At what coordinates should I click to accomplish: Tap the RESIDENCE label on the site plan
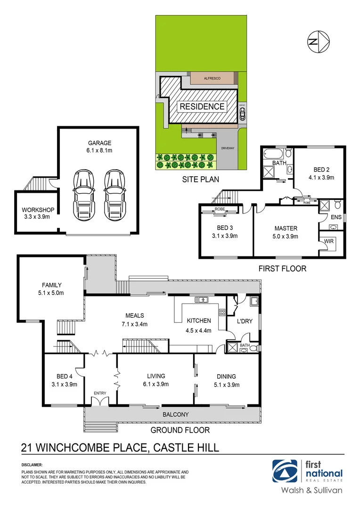coord(202,107)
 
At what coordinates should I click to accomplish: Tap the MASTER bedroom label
coord(286,228)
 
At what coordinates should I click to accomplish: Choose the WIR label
coord(329,242)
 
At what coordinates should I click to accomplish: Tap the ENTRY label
coord(99,393)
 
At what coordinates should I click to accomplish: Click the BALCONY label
coord(176,415)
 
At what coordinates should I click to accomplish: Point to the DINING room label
coord(226,376)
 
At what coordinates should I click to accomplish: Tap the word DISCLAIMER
coord(32,465)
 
